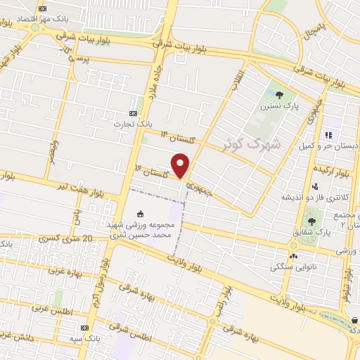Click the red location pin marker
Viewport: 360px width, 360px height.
pyautogui.click(x=181, y=165)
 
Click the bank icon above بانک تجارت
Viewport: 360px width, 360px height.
pyautogui.click(x=134, y=113)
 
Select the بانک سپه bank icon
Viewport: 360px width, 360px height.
pyautogui.click(x=85, y=328)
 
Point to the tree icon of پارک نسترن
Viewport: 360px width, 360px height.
pyautogui.click(x=280, y=95)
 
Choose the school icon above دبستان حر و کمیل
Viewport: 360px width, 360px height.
pyautogui.click(x=327, y=135)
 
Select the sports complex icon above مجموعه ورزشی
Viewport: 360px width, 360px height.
pyautogui.click(x=139, y=214)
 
